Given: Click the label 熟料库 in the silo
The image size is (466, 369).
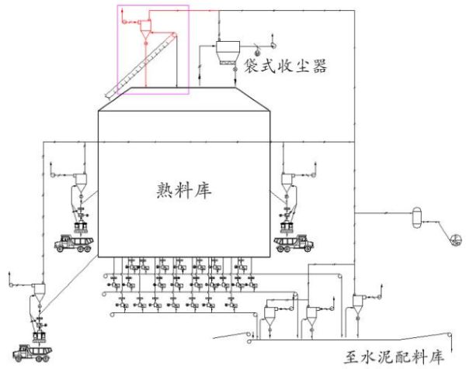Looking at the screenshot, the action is pos(184,190).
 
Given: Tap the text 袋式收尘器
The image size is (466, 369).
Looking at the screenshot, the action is pos(285,66).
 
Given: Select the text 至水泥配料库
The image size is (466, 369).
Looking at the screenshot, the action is pos(395,357).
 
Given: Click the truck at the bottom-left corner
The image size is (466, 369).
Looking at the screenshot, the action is pos(33,353).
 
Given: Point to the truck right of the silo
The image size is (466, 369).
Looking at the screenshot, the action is pos(294,243).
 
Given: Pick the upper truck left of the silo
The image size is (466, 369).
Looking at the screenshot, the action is pos(74,243).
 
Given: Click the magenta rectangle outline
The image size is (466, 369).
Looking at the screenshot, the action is pos(117,50).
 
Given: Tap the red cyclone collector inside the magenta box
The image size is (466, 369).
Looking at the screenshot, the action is pos(146,29).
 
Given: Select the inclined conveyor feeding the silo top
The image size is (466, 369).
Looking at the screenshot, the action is pos(141,66).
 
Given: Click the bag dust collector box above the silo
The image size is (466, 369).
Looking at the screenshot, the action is pos(228,53).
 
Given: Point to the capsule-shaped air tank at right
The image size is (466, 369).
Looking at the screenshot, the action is pos(416,218).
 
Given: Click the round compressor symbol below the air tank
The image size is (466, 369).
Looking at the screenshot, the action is pos(456,240).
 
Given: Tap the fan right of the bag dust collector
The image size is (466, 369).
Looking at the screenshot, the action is pos(273,45).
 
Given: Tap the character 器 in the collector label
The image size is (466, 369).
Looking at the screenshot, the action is pos(319,66).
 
